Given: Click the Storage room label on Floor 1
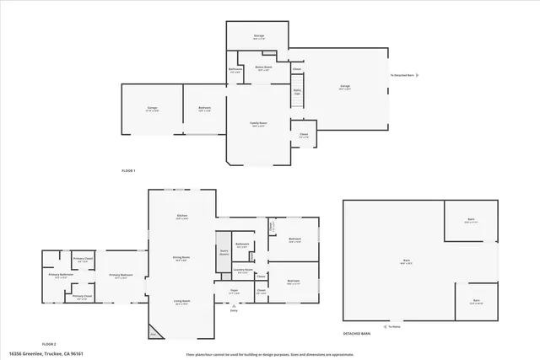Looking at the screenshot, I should [x=258, y=37].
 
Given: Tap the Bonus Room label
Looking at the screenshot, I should [x=263, y=68].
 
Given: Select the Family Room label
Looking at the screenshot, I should [x=258, y=124].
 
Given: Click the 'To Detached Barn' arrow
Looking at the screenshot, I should [x=417, y=75].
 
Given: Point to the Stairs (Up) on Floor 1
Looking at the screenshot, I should [x=298, y=92].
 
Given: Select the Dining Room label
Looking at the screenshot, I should [x=181, y=259].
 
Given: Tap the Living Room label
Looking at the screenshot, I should [x=181, y=302].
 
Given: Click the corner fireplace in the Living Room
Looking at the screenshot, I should [x=154, y=331].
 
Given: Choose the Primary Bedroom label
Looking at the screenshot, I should [x=121, y=277].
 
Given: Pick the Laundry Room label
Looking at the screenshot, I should [x=242, y=271].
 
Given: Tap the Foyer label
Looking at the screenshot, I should [x=234, y=292].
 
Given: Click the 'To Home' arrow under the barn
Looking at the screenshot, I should [x=391, y=325].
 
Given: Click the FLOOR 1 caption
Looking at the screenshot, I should [x=128, y=171].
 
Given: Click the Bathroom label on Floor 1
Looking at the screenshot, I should [x=235, y=70].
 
